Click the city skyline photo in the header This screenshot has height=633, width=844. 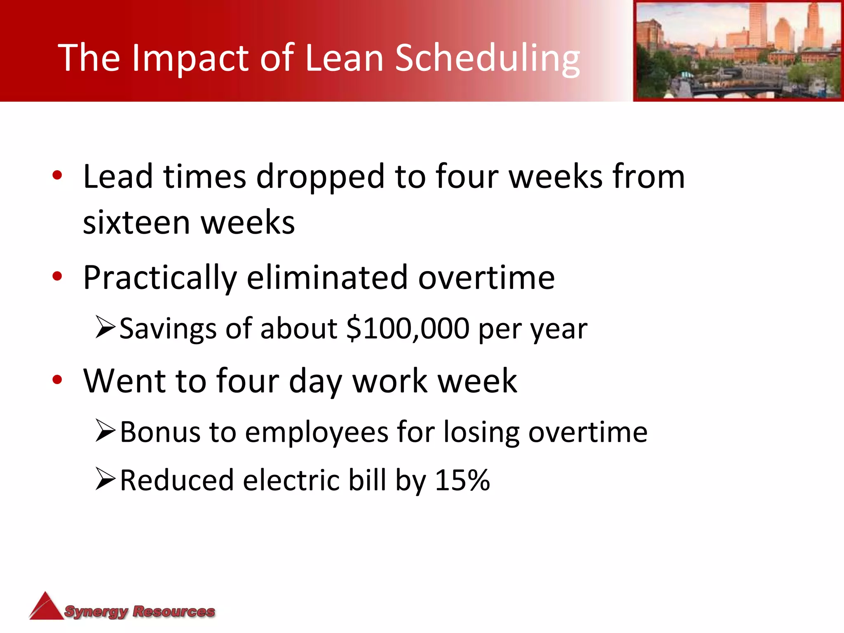coord(738,50)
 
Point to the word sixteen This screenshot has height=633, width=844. coord(136,223)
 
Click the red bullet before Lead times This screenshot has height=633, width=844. coord(57,175)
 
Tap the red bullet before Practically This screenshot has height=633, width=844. coord(57,277)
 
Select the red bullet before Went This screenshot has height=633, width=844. coord(57,380)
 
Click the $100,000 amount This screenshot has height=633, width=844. coord(408,329)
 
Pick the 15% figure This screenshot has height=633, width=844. coord(462,481)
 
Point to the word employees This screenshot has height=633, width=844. coord(316,433)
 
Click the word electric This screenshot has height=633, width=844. coord(291,481)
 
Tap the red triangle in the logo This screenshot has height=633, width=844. coord(46,607)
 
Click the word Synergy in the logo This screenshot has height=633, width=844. coord(96,612)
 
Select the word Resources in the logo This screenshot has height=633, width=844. coord(173,611)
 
